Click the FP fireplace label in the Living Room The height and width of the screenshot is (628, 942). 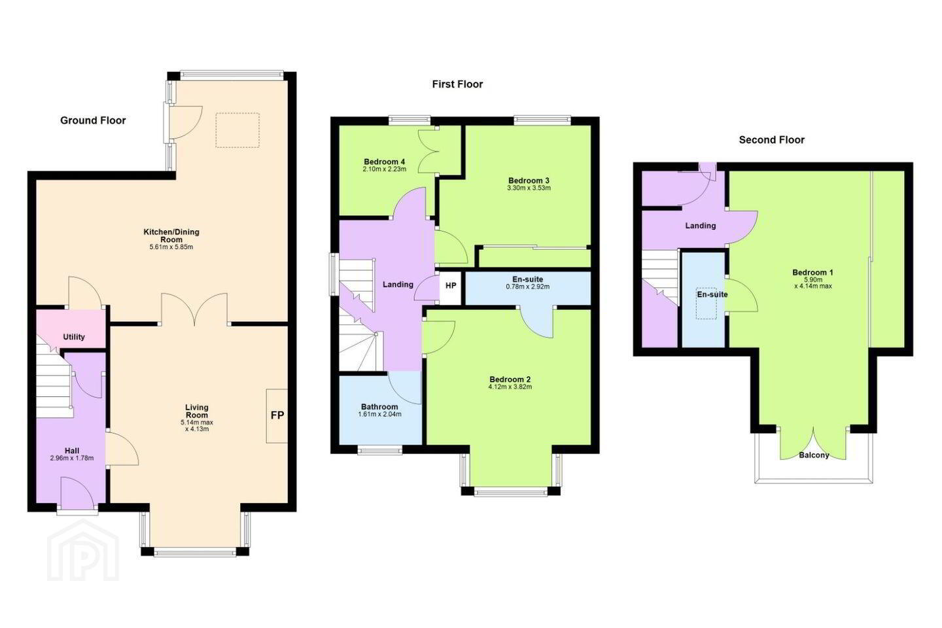click(x=277, y=415)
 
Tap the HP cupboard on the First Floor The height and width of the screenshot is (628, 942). click(x=451, y=286)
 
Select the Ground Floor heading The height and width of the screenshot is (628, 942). click(x=93, y=121)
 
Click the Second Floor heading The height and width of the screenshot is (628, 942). click(x=772, y=140)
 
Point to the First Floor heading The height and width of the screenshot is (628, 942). click(x=457, y=84)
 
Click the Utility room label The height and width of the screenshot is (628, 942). click(x=73, y=337)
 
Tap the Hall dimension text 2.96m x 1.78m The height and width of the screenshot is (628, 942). click(x=72, y=458)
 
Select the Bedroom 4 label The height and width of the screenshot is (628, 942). click(x=385, y=162)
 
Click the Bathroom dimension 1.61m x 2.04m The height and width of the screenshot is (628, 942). click(x=379, y=414)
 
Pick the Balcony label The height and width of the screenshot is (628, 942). click(x=814, y=455)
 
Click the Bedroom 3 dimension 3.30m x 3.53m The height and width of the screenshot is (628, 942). click(x=529, y=188)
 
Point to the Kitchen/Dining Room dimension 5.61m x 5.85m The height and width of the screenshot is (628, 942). click(x=171, y=247)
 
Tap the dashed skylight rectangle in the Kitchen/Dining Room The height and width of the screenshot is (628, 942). click(x=237, y=130)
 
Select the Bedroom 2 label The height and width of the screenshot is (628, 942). click(x=510, y=379)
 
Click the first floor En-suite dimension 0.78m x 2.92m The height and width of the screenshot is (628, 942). click(x=528, y=287)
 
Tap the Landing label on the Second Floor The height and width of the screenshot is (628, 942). click(x=701, y=226)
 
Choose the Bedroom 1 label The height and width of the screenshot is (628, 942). click(x=813, y=273)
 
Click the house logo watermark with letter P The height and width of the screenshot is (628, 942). click(x=83, y=550)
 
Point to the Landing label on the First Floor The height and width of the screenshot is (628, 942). click(x=398, y=285)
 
